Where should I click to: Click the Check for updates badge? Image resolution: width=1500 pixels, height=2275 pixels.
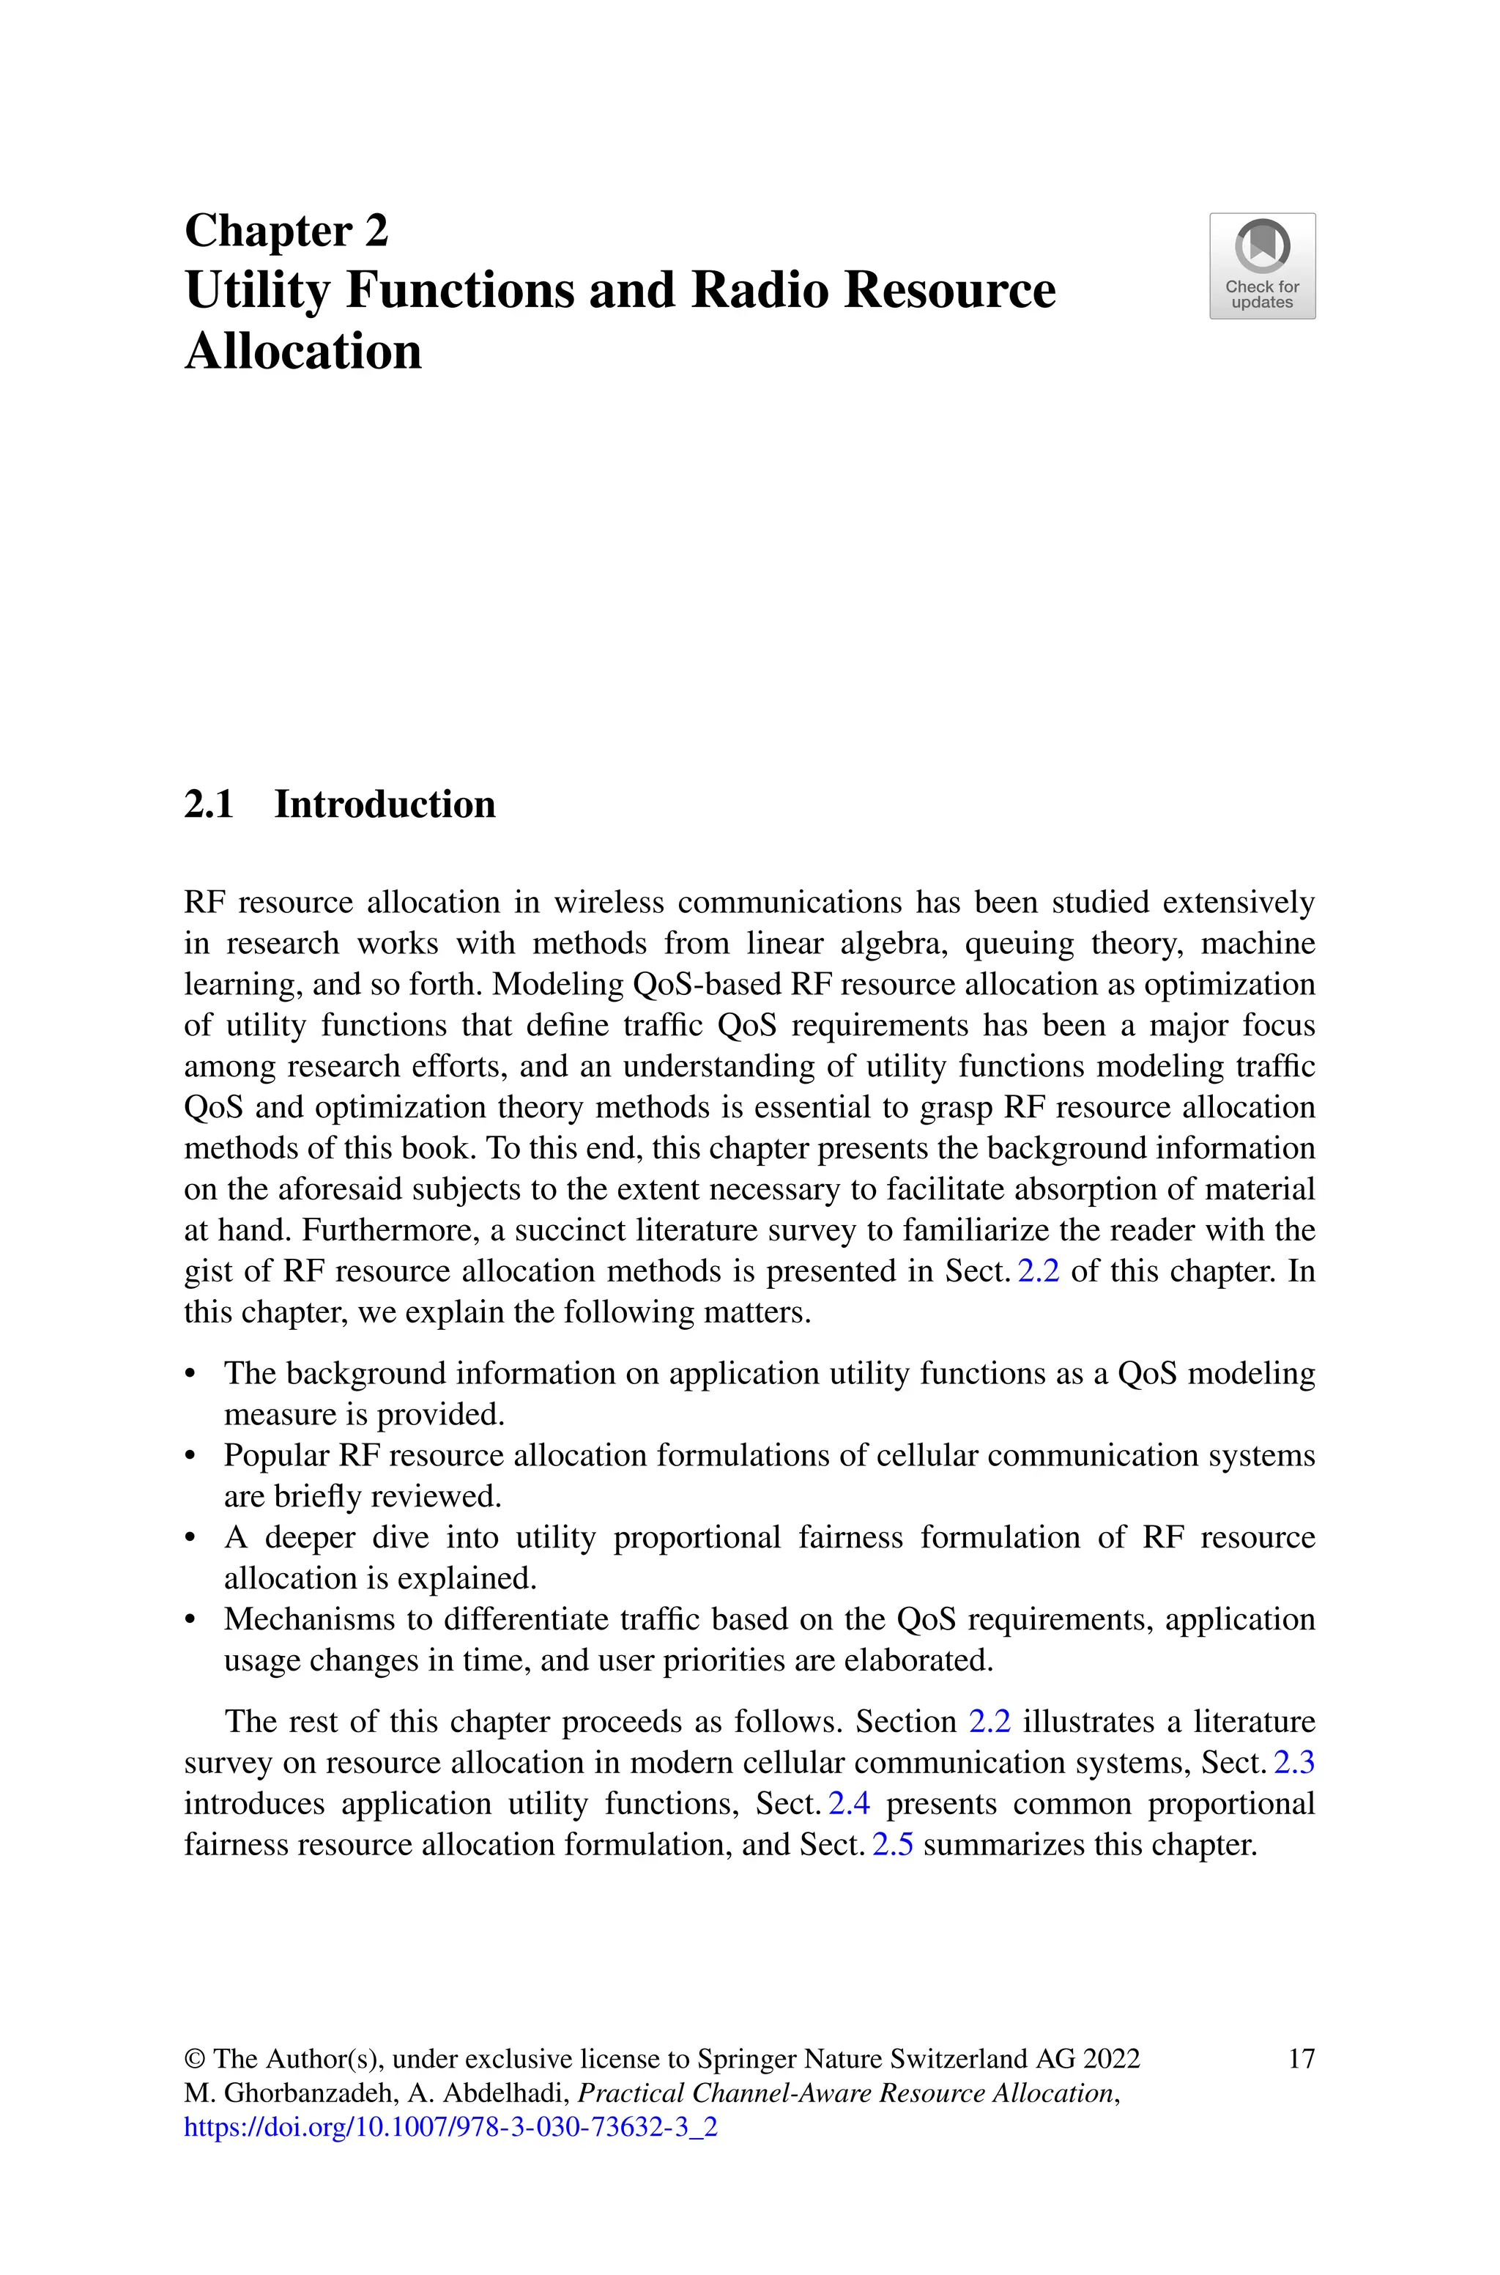1262,266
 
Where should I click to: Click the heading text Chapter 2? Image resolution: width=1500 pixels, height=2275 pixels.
286,232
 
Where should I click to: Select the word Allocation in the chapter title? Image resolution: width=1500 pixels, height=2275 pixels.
303,351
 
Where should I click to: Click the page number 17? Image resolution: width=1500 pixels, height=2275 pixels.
1301,2058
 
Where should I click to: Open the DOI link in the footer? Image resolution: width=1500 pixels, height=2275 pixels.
450,2127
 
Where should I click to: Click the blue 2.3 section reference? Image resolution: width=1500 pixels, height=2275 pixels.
1294,1762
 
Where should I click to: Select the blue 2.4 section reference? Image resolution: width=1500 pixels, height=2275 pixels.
849,1803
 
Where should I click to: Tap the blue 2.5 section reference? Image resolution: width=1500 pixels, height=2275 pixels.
893,1844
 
